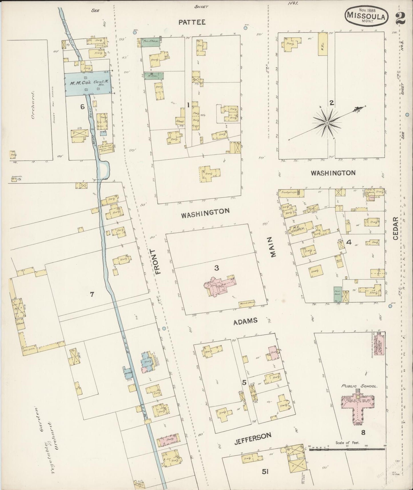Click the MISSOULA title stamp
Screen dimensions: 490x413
click(366, 16)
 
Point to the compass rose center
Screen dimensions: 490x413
click(327, 123)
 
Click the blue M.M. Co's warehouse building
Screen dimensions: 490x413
click(87, 83)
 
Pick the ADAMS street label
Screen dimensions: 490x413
click(245, 321)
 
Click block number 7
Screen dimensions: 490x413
click(92, 294)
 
